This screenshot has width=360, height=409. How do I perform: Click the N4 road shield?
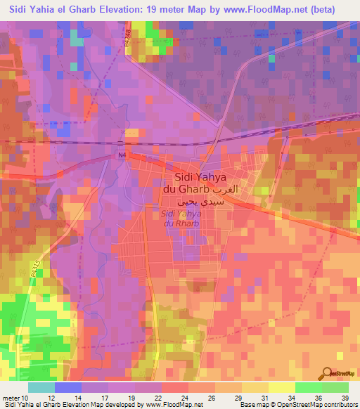click(x=120, y=156)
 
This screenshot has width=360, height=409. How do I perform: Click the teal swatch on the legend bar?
click(x=41, y=387)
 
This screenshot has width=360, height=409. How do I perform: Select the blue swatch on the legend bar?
click(x=68, y=387)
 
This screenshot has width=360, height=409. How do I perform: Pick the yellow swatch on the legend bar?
click(x=281, y=387)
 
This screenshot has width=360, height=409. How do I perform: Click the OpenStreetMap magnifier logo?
click(x=329, y=374)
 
